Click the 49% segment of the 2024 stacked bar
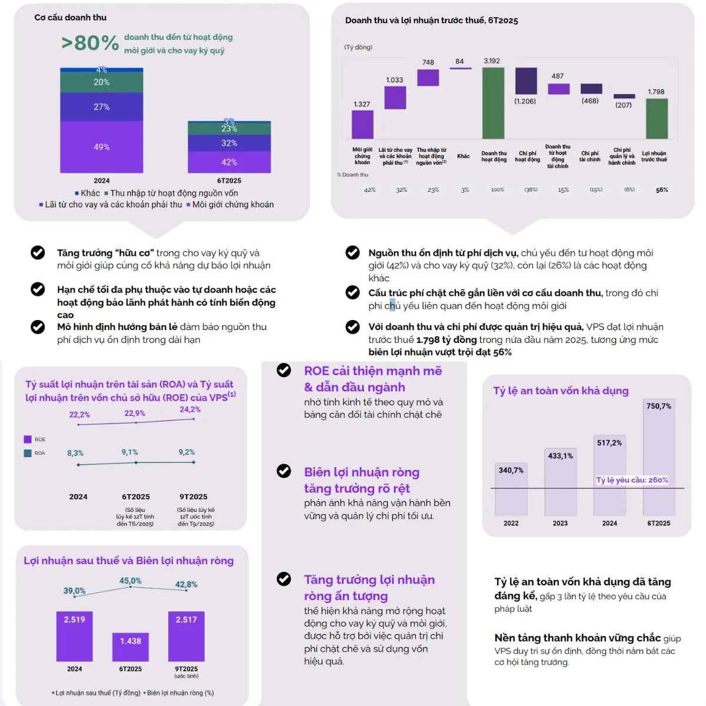[x=101, y=147]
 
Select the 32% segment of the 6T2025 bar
[x=229, y=143]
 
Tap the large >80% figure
[x=90, y=43]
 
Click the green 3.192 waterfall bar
[x=493, y=103]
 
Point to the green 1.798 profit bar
[x=657, y=118]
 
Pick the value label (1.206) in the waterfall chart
[x=525, y=101]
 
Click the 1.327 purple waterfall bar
[x=362, y=124]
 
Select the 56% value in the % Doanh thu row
[x=662, y=190]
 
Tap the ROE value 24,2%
[x=190, y=409]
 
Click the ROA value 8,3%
[x=75, y=453]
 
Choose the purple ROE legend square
[x=28, y=439]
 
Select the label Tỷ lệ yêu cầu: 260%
[x=632, y=480]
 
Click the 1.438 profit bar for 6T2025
[x=131, y=647]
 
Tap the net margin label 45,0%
[x=131, y=581]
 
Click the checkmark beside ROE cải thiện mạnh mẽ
[x=284, y=370]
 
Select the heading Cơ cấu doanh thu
[x=71, y=18]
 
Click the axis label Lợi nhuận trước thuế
[x=654, y=156]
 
